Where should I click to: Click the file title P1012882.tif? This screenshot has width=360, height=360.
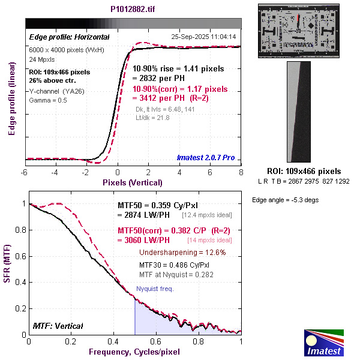point(134,10)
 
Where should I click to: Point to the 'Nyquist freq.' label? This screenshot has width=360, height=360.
point(155,289)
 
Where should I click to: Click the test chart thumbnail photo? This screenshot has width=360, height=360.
point(299,30)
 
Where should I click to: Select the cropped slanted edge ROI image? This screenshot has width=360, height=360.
point(299,112)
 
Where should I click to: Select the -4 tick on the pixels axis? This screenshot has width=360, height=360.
point(55,172)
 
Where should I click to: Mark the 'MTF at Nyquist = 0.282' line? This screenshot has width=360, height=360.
point(176,274)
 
